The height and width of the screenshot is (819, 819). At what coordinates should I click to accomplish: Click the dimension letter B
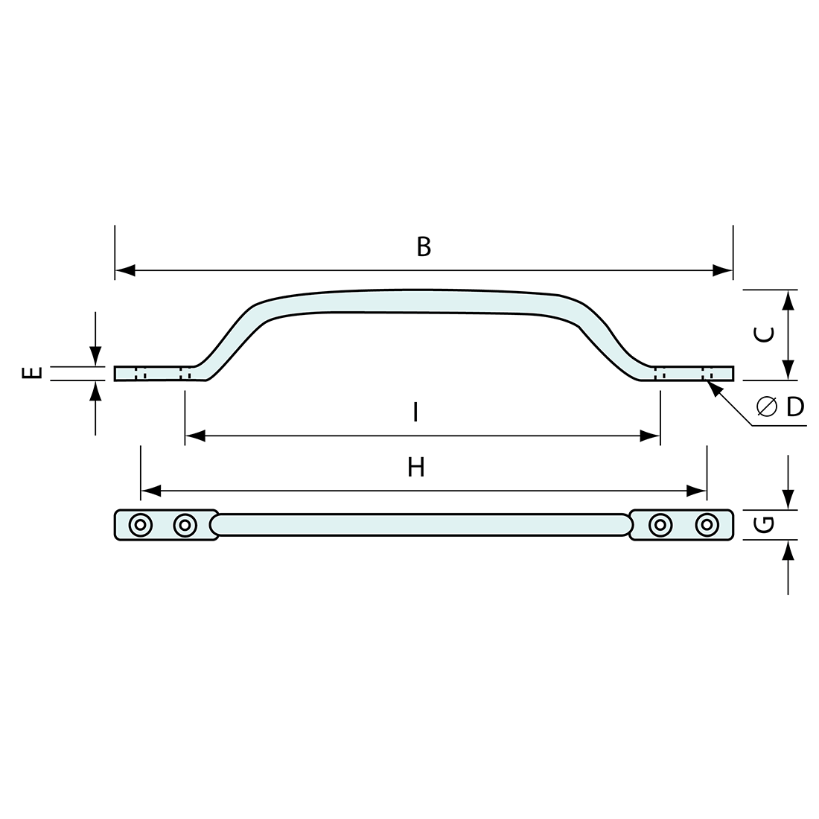(x=424, y=246)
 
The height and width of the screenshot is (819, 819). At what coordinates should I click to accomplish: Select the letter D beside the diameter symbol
(x=795, y=407)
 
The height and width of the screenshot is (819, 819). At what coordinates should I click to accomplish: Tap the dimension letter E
(x=31, y=372)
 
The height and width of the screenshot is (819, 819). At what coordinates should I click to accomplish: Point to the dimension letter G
(x=764, y=525)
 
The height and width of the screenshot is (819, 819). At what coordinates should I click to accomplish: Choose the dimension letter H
(x=416, y=468)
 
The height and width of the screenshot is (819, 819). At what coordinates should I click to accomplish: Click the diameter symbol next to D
(x=766, y=407)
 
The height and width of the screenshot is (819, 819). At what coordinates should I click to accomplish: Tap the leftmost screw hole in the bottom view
(x=138, y=525)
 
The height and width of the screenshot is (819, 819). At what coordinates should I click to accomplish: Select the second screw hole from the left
(x=184, y=525)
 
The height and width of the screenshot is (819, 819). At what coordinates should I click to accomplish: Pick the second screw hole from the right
(x=658, y=525)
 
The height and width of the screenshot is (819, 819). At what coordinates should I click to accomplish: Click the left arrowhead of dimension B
(x=124, y=270)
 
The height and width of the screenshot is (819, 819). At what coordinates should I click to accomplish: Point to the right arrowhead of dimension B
(x=723, y=270)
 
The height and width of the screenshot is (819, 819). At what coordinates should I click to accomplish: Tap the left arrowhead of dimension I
(x=194, y=436)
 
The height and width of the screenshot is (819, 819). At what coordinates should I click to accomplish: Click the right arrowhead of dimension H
(x=697, y=490)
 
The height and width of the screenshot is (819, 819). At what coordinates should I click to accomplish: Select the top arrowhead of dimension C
(x=788, y=299)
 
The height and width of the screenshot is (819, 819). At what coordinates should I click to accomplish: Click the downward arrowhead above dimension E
(x=95, y=357)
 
